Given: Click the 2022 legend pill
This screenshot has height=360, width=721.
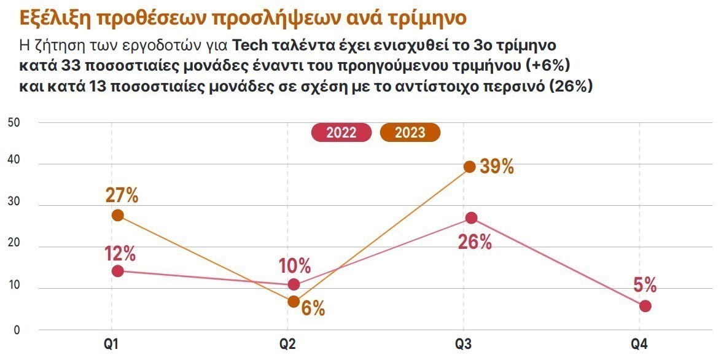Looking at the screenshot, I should [x=341, y=133].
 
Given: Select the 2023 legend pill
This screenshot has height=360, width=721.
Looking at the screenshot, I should [x=410, y=133].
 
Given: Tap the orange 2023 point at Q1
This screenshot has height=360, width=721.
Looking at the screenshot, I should [x=118, y=215].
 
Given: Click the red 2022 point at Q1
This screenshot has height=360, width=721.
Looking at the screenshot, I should [x=118, y=271].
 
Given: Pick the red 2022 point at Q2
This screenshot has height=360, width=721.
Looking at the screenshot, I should [x=294, y=284].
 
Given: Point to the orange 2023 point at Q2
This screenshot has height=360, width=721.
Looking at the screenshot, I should [x=294, y=301].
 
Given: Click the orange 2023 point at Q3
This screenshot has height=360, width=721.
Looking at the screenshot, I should [x=469, y=166].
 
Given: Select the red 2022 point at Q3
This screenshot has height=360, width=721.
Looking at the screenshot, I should [x=471, y=218].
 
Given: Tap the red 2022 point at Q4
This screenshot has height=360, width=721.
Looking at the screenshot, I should [x=645, y=306].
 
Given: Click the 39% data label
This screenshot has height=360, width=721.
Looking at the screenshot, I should [x=496, y=166].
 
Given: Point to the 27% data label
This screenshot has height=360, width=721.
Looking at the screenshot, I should [x=121, y=195].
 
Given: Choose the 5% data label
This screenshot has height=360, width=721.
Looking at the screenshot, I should [x=645, y=285].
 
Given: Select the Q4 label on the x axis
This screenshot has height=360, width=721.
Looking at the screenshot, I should [x=639, y=345].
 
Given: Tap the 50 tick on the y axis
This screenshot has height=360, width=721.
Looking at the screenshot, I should [x=14, y=123].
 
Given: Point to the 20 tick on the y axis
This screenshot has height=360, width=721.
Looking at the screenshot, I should [x=14, y=247].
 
